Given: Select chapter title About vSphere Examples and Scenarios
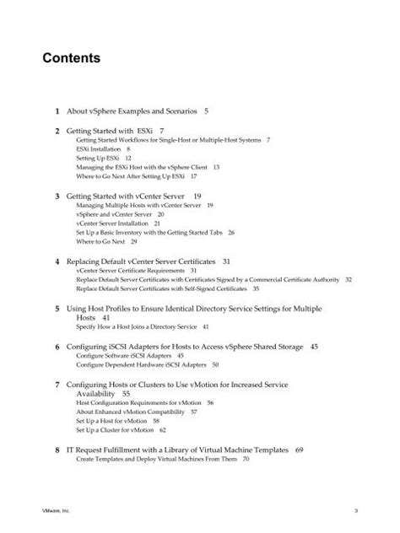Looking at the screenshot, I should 130,110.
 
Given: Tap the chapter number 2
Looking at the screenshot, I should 57,131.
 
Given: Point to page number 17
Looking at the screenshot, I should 193,176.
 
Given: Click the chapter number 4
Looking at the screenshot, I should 57,261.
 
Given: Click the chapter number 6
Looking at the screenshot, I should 57,347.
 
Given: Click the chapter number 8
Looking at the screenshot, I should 57,450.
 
